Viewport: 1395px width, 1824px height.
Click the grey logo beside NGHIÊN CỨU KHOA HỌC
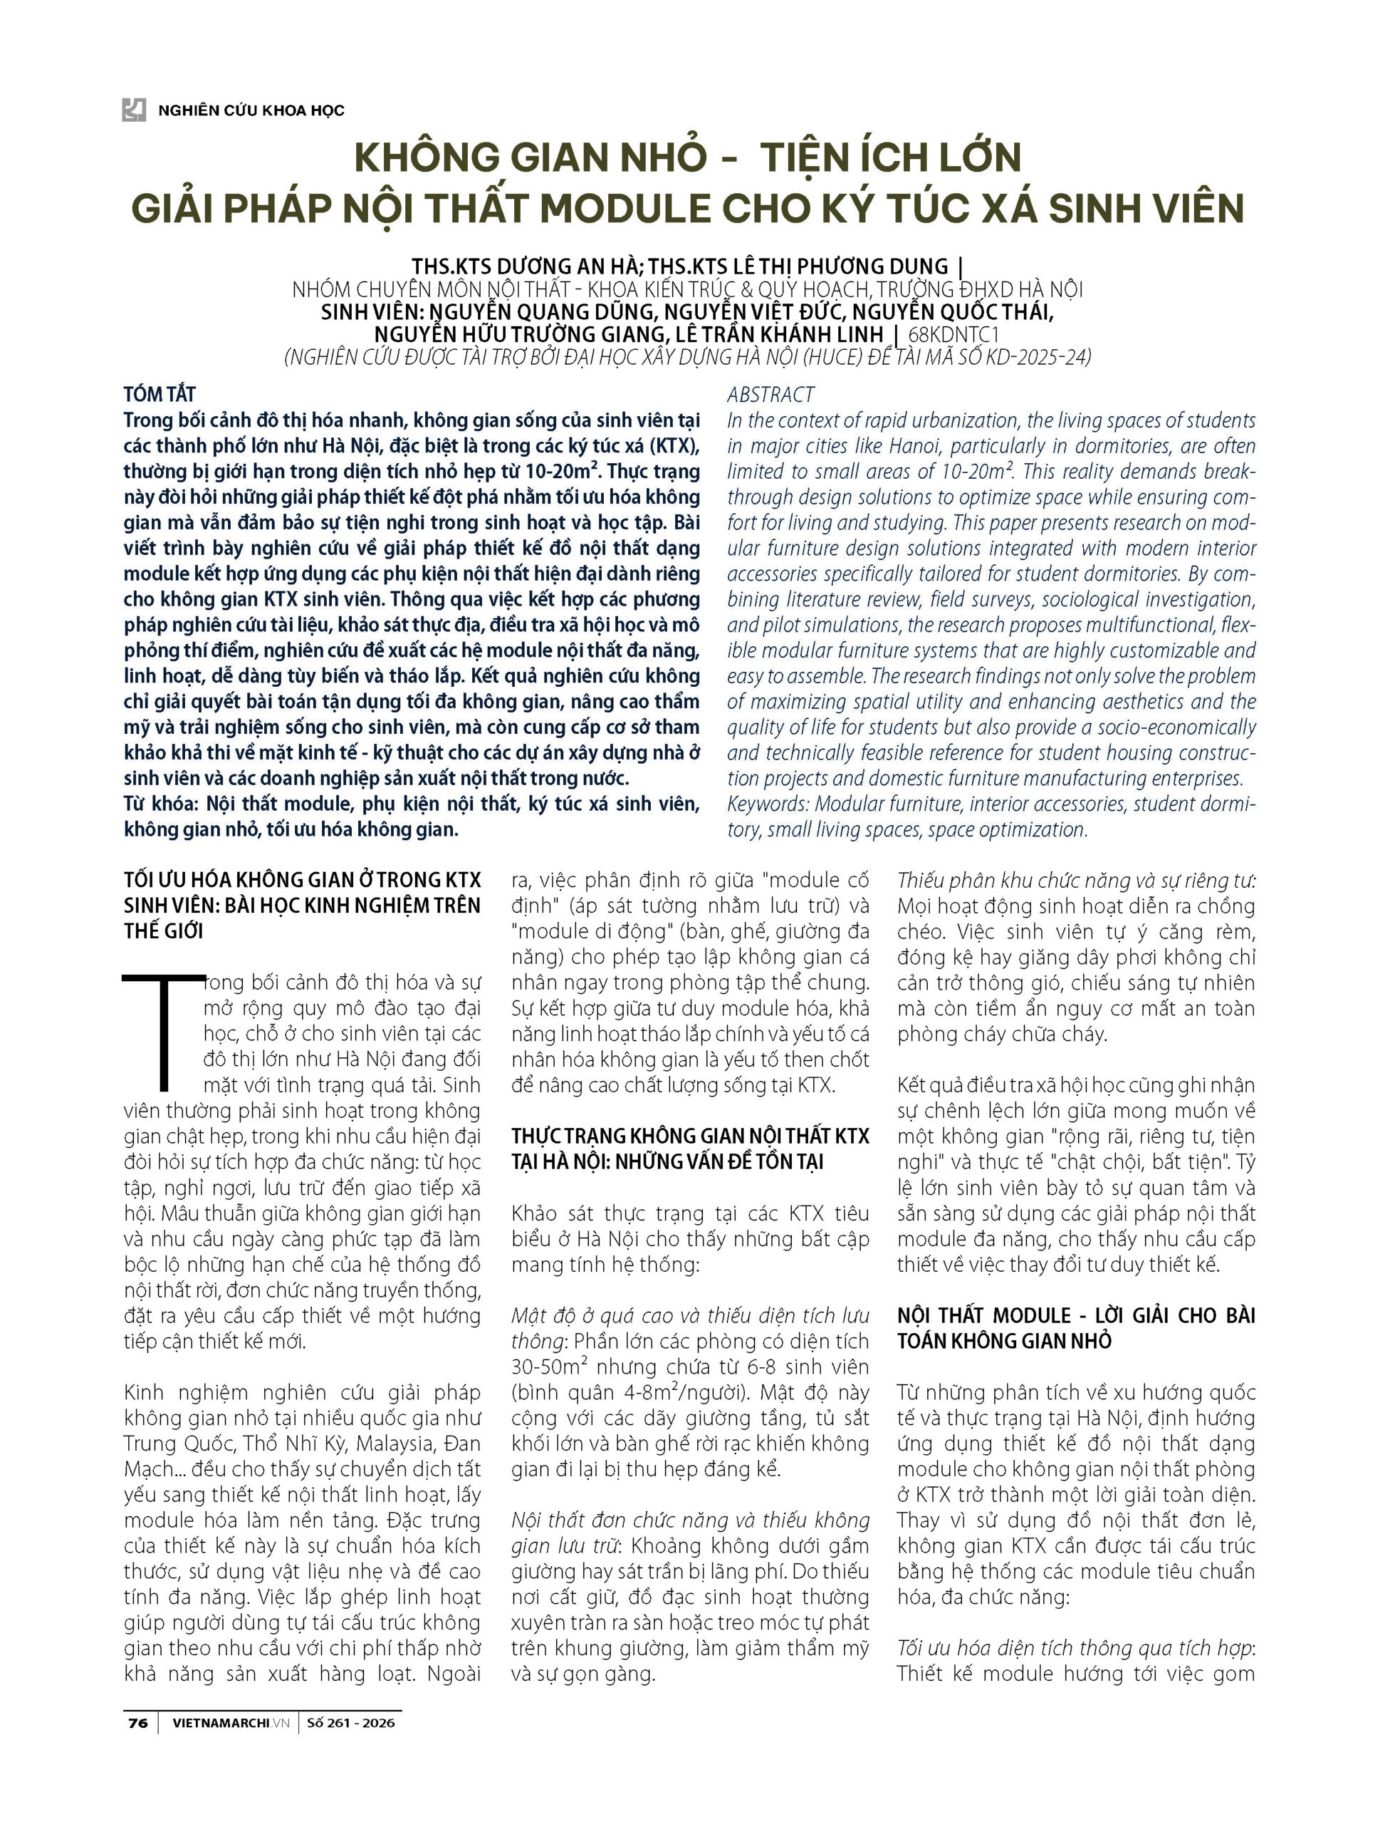click(134, 110)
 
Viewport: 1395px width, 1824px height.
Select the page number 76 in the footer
click(138, 1723)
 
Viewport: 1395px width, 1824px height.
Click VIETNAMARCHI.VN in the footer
click(231, 1723)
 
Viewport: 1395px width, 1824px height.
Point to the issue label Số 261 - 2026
click(350, 1723)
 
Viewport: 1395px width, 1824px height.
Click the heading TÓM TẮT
click(160, 394)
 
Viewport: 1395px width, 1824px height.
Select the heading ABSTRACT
click(770, 395)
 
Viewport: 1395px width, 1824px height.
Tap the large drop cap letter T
click(164, 1030)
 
